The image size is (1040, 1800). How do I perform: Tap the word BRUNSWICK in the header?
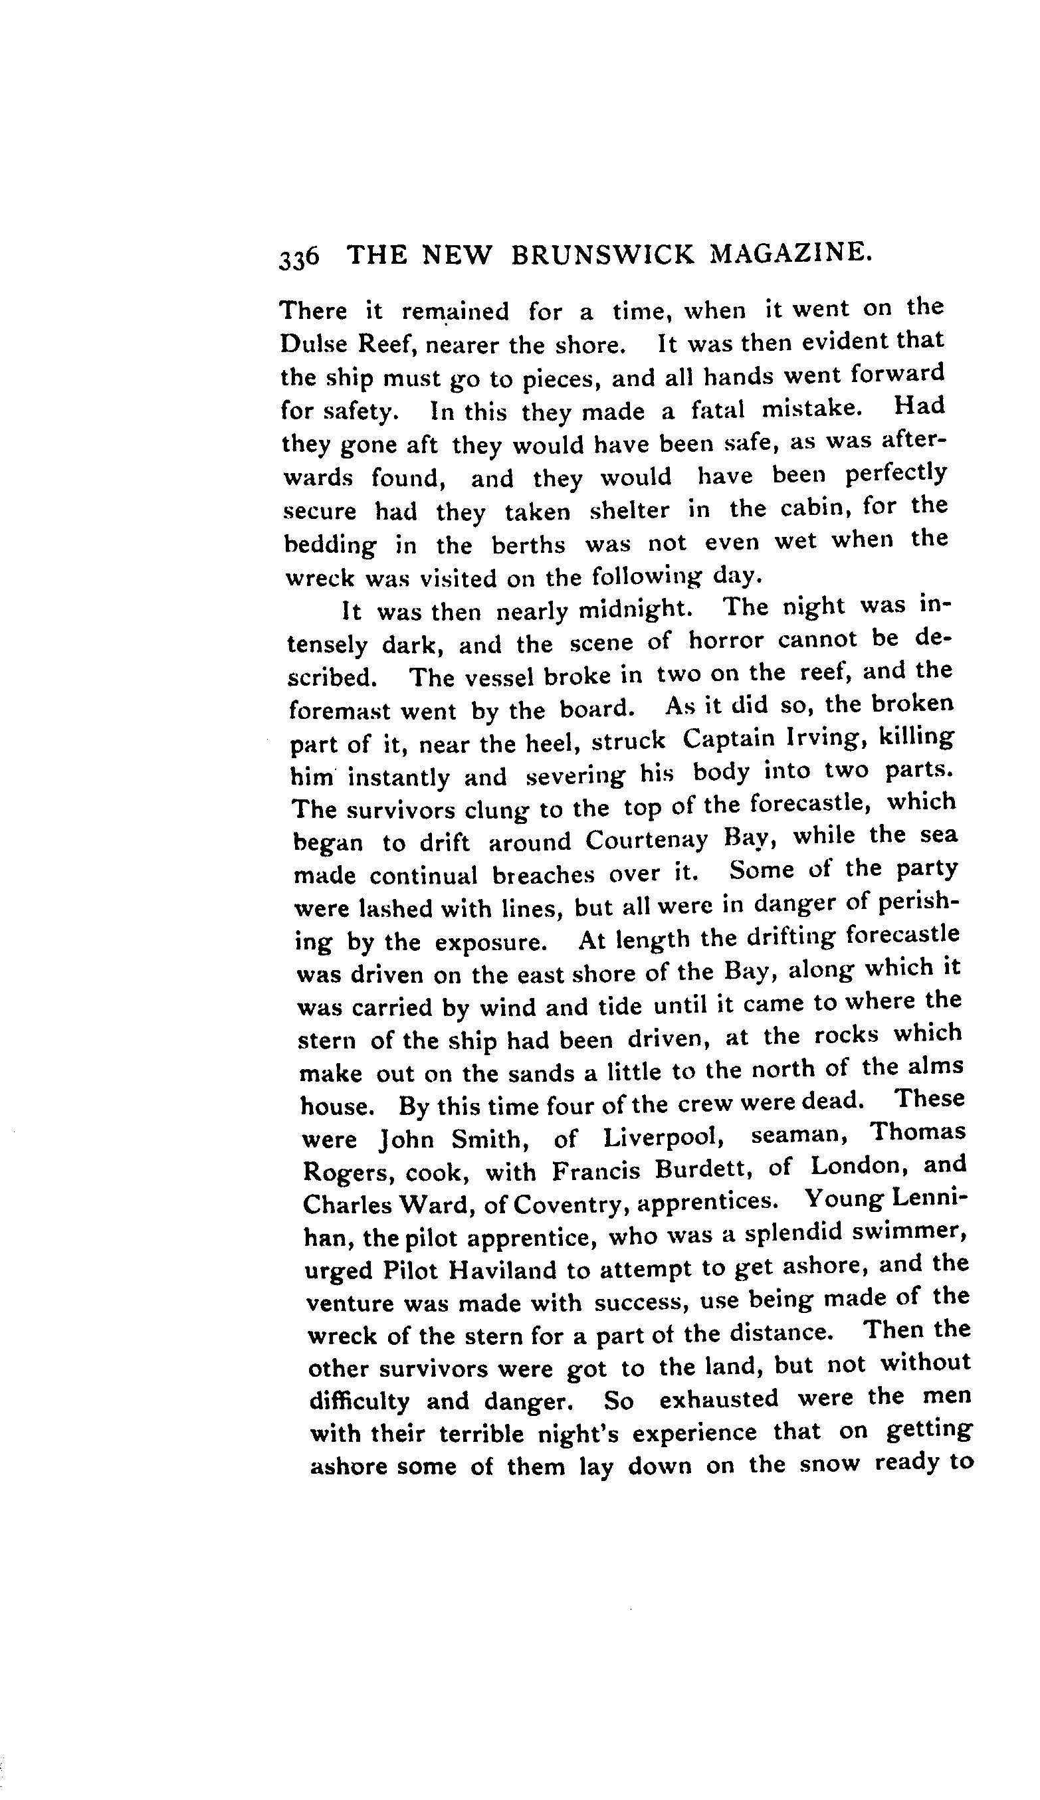point(602,255)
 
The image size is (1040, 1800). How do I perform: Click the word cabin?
point(815,508)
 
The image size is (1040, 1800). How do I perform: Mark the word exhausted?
point(718,1399)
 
